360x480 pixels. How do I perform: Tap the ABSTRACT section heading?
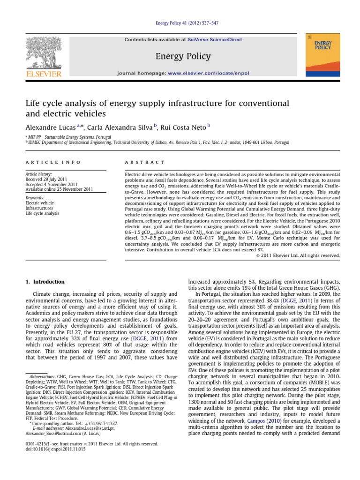[144, 162]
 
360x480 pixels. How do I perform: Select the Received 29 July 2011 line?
[50, 179]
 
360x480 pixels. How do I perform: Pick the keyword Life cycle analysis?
[43, 213]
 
